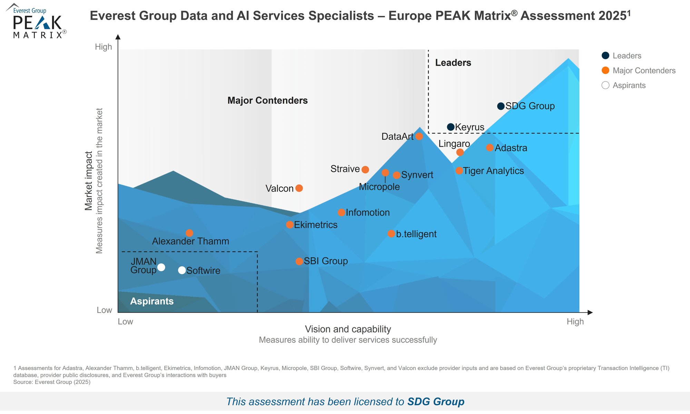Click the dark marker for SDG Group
(501, 106)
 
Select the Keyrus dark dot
(451, 127)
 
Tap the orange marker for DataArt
(419, 136)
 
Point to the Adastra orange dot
(490, 148)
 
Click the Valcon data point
(299, 188)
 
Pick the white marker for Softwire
(182, 270)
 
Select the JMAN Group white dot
(161, 267)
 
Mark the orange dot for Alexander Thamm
(189, 233)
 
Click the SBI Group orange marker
(299, 261)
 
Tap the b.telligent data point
(391, 234)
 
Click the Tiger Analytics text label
(493, 171)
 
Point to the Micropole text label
(379, 187)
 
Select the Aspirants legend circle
(605, 85)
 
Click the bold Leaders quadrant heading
(453, 62)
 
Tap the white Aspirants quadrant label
(152, 301)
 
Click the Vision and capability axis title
(348, 329)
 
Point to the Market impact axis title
(89, 181)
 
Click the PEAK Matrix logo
(36, 21)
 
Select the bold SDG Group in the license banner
(436, 402)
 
